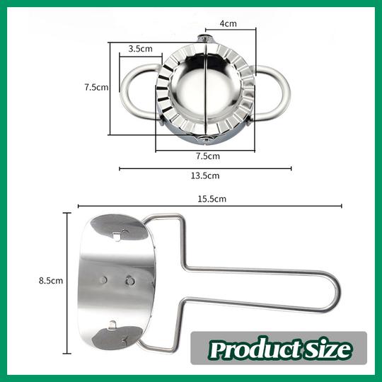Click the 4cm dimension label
click(x=227, y=23)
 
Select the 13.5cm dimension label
click(x=205, y=175)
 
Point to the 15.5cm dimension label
click(x=212, y=199)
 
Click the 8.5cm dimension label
click(x=51, y=280)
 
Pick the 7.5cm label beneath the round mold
click(x=207, y=156)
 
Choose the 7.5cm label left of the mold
click(x=95, y=88)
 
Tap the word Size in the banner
click(x=329, y=349)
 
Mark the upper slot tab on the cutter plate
click(x=120, y=234)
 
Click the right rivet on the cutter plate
click(x=129, y=280)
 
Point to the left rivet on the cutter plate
click(x=104, y=279)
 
